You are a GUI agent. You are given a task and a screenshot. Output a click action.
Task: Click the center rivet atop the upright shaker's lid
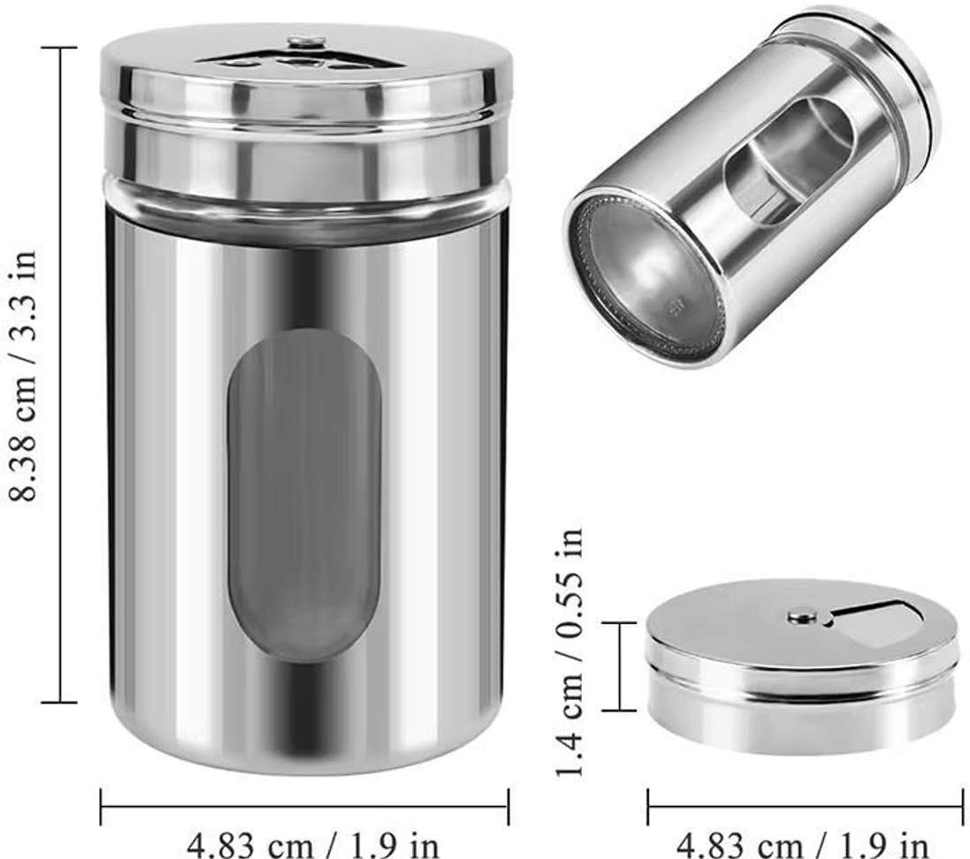click(x=306, y=41)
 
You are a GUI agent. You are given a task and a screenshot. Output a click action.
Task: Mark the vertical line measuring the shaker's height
click(x=61, y=375)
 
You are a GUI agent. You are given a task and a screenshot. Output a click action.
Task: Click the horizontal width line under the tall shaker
click(x=304, y=805)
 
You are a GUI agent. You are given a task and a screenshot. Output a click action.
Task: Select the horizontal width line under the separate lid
click(x=805, y=805)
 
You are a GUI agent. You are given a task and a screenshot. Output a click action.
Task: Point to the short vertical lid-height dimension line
click(x=622, y=665)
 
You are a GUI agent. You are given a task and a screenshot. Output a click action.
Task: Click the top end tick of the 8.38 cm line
click(x=61, y=48)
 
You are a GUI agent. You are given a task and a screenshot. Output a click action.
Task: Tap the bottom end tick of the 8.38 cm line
click(x=61, y=703)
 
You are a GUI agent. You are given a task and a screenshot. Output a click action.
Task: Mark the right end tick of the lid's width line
click(x=961, y=805)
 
